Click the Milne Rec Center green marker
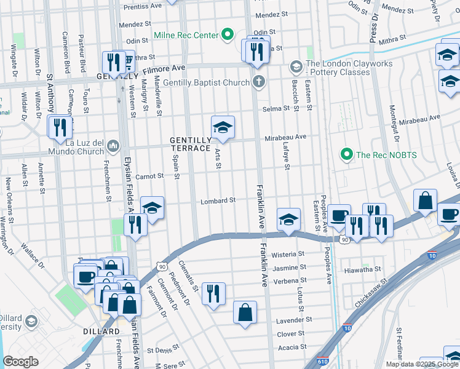[228, 35]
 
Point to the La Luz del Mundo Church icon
[113, 146]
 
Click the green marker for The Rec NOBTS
[346, 154]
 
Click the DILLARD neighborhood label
[101, 331]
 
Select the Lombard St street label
[218, 200]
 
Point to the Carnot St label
[149, 176]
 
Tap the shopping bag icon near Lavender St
[245, 312]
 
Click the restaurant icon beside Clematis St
[213, 293]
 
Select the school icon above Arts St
[223, 127]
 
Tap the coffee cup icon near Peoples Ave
[339, 215]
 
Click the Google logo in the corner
[20, 362]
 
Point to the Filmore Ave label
[170, 67]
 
